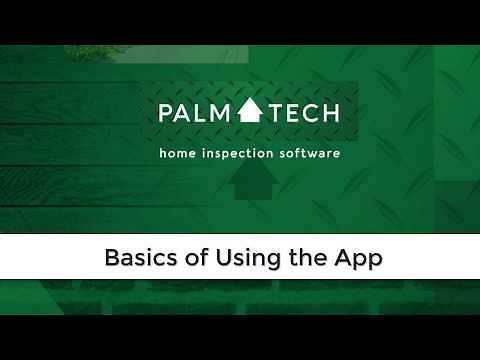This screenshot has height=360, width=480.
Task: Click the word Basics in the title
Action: coord(137,258)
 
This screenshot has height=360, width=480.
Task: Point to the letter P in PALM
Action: coord(164,112)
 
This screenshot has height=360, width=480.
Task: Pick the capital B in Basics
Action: coord(112,258)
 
